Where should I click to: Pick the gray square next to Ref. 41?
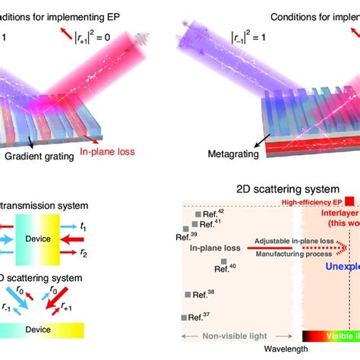pos(195,224)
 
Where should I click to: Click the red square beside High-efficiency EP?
pos(349,201)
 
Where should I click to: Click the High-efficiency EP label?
pos(311,202)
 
